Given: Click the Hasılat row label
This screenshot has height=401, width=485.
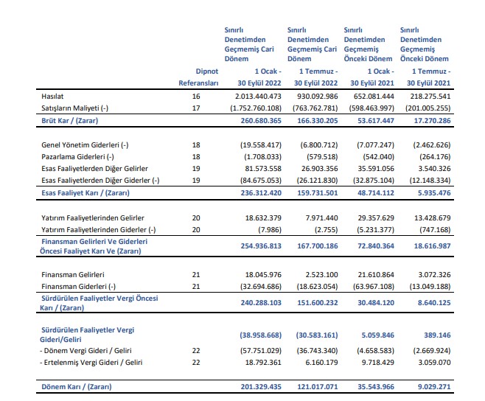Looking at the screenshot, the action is [x=52, y=97].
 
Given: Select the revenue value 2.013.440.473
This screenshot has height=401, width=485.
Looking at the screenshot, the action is [x=258, y=97].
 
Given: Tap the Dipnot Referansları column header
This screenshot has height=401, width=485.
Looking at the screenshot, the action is [x=198, y=77].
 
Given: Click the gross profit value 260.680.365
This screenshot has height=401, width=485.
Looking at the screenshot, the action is [x=261, y=121].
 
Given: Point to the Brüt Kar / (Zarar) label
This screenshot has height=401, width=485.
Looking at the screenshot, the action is [x=69, y=121].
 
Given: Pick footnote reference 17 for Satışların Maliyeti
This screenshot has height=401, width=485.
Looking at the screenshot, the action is [x=196, y=108].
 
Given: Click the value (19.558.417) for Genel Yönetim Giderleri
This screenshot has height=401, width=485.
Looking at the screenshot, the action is [x=261, y=144].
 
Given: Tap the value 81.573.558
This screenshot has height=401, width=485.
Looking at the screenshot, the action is [x=263, y=168].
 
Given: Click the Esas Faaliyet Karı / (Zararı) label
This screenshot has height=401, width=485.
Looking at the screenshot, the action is [x=86, y=193].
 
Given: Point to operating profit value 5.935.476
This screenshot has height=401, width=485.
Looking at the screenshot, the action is [x=434, y=193].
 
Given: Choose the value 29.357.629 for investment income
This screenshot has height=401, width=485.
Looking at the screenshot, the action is [x=376, y=218].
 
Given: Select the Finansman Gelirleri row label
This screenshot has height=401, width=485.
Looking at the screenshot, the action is [x=73, y=274].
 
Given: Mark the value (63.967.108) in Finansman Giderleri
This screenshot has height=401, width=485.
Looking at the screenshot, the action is [x=374, y=286].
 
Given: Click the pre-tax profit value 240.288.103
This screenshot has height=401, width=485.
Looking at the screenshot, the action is [x=261, y=303].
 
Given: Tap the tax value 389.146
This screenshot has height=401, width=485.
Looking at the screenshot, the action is [x=437, y=335].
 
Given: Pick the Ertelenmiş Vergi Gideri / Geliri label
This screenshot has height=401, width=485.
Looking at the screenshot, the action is [x=91, y=363].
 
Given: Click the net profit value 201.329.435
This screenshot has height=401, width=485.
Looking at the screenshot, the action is [x=261, y=387].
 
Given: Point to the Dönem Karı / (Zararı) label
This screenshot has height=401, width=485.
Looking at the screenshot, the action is [x=77, y=387].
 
